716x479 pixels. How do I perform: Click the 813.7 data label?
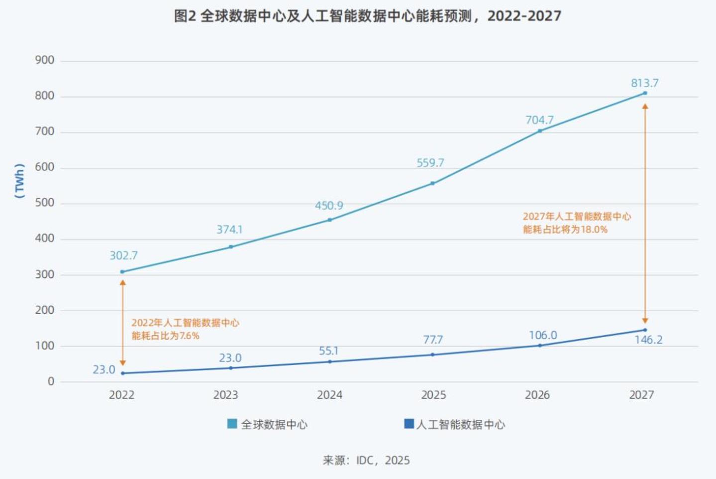tap(644, 83)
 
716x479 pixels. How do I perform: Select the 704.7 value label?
tap(539, 120)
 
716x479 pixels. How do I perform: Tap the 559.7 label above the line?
tap(430, 163)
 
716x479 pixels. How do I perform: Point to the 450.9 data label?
tap(329, 206)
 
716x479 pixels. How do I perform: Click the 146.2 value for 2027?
tap(648, 340)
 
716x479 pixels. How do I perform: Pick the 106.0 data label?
tap(542, 335)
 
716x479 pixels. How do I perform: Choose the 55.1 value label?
tap(328, 351)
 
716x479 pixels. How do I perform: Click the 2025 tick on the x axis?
tap(433, 395)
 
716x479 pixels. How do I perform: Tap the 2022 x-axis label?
tap(122, 395)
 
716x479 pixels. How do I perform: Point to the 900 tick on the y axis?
tap(45, 60)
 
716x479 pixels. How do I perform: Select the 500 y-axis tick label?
tap(45, 203)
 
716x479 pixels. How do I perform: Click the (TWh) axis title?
tap(19, 181)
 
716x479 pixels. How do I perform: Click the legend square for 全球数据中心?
tap(232, 424)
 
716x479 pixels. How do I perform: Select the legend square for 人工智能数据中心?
tap(409, 424)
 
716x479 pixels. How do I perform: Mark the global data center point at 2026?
tap(540, 131)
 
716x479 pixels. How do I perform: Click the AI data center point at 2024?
tap(329, 361)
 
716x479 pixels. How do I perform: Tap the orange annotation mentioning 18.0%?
tap(577, 223)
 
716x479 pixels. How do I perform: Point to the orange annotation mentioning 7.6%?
tap(185, 329)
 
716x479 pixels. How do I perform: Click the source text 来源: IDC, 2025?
tap(366, 460)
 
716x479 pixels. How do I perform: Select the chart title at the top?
tap(367, 16)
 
